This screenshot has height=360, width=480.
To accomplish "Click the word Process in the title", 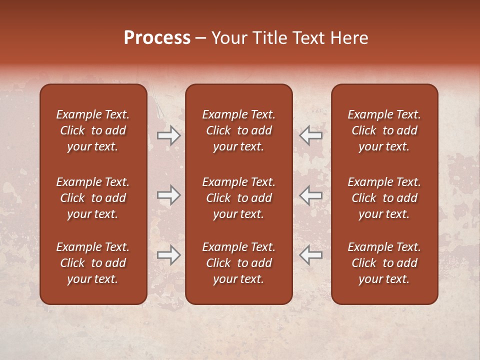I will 157,38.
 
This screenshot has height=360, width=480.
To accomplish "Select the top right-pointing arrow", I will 168,135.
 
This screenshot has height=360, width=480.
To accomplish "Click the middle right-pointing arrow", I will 168,195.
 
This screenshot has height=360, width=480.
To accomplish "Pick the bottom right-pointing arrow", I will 168,255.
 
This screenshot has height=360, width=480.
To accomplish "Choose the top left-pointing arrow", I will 311,135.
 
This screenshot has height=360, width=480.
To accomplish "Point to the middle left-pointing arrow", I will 311,195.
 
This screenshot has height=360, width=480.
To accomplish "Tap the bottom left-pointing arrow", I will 311,255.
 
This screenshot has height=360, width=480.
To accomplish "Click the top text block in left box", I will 93,130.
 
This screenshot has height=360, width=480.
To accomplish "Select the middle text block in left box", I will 93,198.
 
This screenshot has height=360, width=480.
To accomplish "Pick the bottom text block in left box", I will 93,263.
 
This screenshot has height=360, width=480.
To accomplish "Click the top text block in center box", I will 238,130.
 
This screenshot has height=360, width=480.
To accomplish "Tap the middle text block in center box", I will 238,198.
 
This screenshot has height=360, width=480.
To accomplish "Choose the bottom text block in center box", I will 238,263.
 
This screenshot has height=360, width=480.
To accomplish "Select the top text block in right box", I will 384,130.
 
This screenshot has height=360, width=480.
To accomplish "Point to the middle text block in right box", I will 384,198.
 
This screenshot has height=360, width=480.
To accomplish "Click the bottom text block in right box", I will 384,263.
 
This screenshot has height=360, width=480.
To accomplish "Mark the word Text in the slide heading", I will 307,38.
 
